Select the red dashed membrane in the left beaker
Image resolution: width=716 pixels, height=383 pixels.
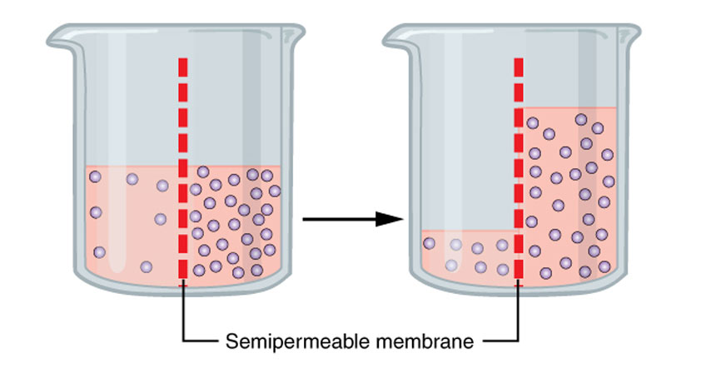(x=183, y=167)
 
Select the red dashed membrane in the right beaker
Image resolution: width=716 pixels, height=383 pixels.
(x=520, y=167)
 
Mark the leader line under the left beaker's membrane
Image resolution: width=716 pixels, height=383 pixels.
(x=183, y=316)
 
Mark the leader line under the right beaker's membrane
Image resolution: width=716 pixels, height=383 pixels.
(x=519, y=316)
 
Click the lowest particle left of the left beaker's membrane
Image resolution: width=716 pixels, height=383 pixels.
(x=147, y=266)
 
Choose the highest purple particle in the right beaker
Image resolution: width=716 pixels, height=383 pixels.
(x=581, y=120)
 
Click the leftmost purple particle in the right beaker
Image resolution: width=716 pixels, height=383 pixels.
(x=430, y=243)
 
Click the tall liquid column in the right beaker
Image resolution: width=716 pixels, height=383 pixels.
(x=574, y=191)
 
